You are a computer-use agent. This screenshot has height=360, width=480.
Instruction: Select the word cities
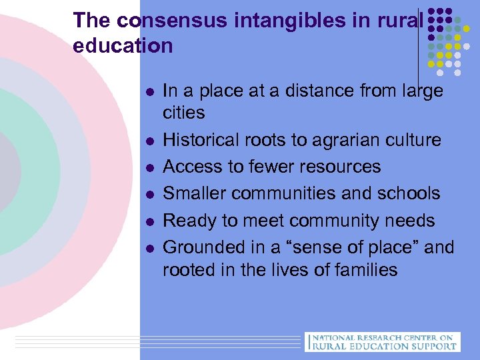[184, 112]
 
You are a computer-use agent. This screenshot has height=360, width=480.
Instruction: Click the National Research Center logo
[382, 341]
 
